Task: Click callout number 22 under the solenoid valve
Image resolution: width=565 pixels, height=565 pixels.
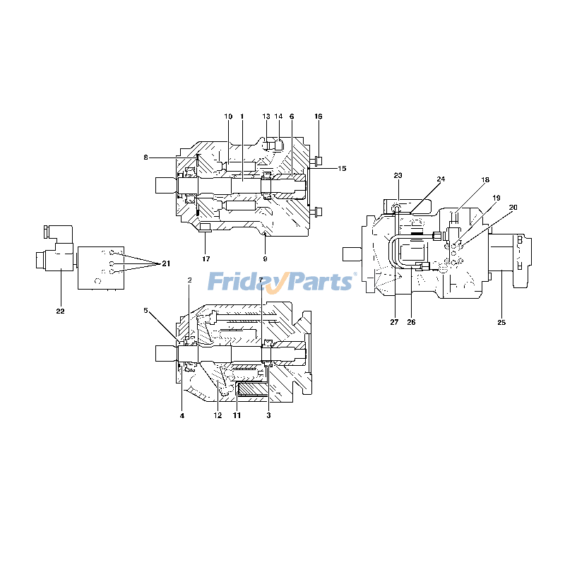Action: pyautogui.click(x=60, y=311)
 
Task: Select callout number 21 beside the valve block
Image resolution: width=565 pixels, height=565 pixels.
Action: pyautogui.click(x=166, y=263)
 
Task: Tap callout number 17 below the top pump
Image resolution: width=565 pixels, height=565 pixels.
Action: pyautogui.click(x=206, y=259)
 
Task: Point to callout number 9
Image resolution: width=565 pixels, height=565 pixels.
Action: pyautogui.click(x=266, y=259)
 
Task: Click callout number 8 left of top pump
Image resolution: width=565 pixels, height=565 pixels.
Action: pyautogui.click(x=145, y=157)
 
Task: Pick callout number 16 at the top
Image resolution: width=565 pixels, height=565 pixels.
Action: pyautogui.click(x=318, y=116)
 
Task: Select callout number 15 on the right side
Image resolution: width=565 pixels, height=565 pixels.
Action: pyautogui.click(x=342, y=168)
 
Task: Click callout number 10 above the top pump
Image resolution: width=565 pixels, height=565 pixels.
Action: pyautogui.click(x=228, y=116)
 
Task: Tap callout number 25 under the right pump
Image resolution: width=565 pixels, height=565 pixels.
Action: pyautogui.click(x=501, y=323)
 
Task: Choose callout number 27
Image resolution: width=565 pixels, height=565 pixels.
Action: pyautogui.click(x=394, y=323)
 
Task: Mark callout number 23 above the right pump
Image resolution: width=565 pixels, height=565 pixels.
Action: pyautogui.click(x=398, y=175)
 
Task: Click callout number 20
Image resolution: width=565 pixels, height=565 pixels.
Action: pyautogui.click(x=513, y=207)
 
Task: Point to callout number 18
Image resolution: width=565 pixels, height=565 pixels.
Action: pyautogui.click(x=485, y=180)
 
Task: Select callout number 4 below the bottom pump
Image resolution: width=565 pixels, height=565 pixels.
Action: pyautogui.click(x=182, y=415)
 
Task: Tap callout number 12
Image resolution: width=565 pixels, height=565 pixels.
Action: pyautogui.click(x=218, y=415)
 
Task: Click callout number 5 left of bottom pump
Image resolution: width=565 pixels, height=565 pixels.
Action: pyautogui.click(x=146, y=310)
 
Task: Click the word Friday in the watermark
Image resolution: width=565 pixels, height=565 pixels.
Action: pyautogui.click(x=244, y=282)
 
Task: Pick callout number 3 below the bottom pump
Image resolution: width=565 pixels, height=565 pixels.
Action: pyautogui.click(x=268, y=415)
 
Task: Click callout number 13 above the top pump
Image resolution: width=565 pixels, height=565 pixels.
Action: pyautogui.click(x=266, y=116)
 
